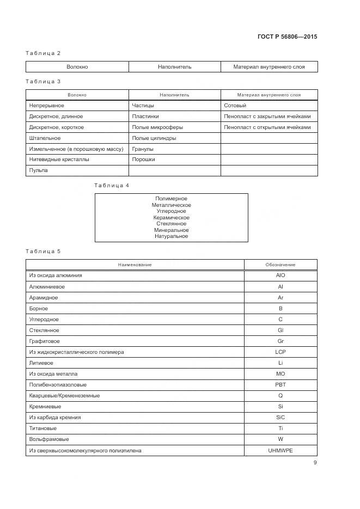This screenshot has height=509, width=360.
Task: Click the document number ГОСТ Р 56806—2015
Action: click(286, 37)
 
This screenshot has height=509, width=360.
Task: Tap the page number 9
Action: click(315, 463)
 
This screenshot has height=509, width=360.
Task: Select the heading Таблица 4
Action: click(112, 186)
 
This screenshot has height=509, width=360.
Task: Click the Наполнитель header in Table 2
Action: click(174, 67)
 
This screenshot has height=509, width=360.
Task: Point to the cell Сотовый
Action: click(235, 106)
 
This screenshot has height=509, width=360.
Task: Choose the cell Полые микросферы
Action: click(157, 127)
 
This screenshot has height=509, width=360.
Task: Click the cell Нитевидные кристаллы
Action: click(59, 160)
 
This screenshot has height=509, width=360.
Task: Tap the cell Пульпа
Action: click(38, 170)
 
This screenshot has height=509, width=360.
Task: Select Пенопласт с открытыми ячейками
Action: click(267, 127)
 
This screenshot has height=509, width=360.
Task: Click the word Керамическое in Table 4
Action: click(172, 218)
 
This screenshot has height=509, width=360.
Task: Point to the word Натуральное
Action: click(172, 236)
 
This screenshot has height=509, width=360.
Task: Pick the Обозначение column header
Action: click(280, 265)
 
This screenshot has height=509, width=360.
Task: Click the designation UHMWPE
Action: click(280, 450)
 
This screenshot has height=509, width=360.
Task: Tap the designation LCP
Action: click(280, 352)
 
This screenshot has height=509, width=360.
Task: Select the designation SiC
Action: click(280, 418)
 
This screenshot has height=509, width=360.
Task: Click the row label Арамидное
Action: click(44, 298)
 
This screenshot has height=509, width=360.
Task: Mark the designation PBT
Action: click(280, 385)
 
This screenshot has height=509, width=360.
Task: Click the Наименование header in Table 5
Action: click(135, 265)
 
